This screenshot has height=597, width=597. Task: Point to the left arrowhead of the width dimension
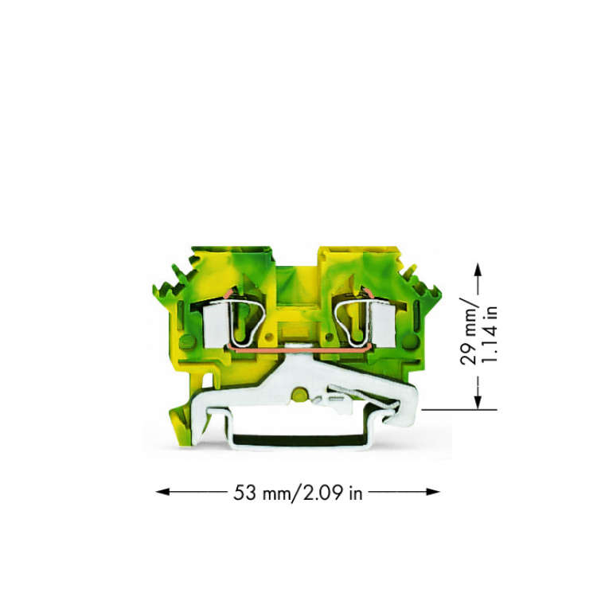(162, 492)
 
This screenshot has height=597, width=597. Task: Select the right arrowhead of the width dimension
(433, 492)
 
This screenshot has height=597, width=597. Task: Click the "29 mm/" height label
(468, 330)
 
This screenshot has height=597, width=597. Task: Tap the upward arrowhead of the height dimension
(478, 270)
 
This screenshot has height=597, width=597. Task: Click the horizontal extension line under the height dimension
(459, 410)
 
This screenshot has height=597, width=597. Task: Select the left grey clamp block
(214, 327)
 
